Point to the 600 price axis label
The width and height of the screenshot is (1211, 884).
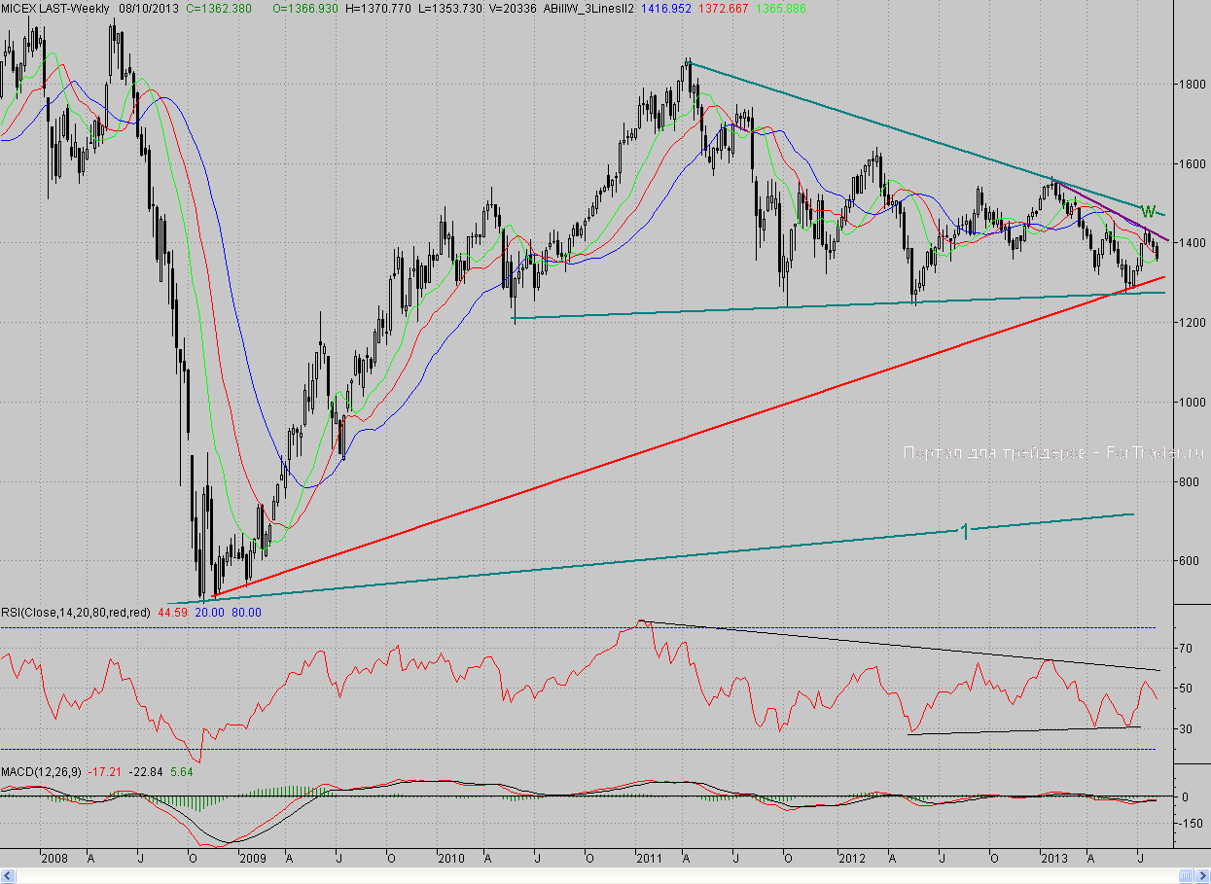[1190, 560]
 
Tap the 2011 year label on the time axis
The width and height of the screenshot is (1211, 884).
[649, 858]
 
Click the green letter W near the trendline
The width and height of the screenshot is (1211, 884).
[1148, 211]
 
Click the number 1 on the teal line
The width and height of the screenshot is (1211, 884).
[964, 531]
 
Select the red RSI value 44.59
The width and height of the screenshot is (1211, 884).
[172, 613]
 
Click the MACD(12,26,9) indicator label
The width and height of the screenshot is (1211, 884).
[42, 771]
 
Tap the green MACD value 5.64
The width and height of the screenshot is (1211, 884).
[182, 771]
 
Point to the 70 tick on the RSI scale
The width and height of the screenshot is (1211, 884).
[1185, 648]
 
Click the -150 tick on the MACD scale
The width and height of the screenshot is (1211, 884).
[1190, 823]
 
